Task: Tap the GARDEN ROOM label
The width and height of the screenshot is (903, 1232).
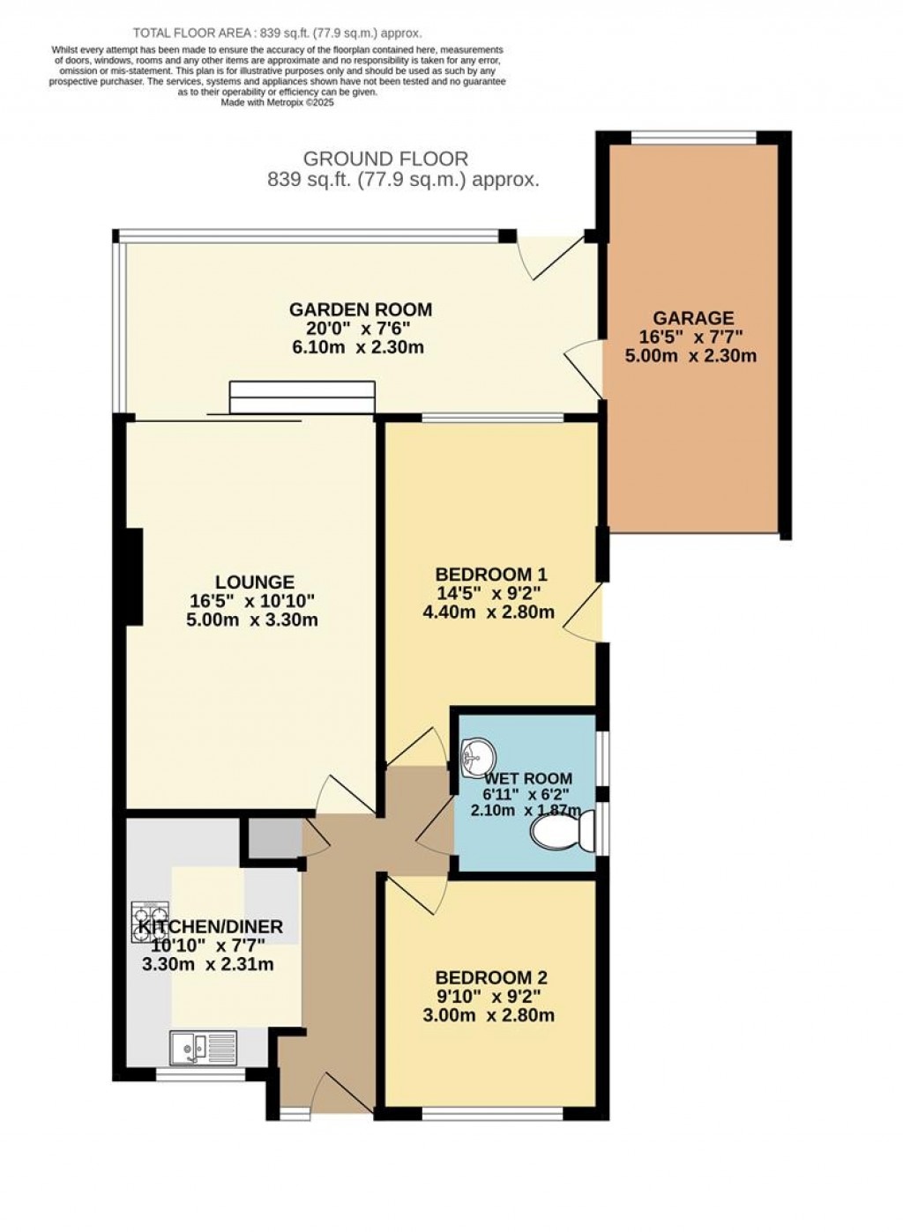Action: [361, 309]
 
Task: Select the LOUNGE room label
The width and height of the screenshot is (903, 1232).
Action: [254, 583]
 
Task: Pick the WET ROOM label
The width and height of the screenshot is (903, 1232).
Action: [527, 779]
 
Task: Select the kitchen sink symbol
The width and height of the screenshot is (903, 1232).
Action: [203, 1047]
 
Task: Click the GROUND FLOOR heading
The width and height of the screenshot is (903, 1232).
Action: [385, 160]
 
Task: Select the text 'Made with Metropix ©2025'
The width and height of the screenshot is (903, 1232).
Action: [277, 101]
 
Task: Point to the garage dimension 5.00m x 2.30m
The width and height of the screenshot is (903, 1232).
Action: [692, 356]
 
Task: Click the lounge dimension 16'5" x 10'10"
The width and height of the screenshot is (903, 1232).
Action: [252, 601]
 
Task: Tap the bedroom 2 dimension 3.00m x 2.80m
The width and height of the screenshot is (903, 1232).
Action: [489, 1015]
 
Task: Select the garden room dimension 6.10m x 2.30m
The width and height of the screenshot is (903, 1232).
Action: [359, 346]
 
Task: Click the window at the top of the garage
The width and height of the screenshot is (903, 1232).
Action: [694, 137]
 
